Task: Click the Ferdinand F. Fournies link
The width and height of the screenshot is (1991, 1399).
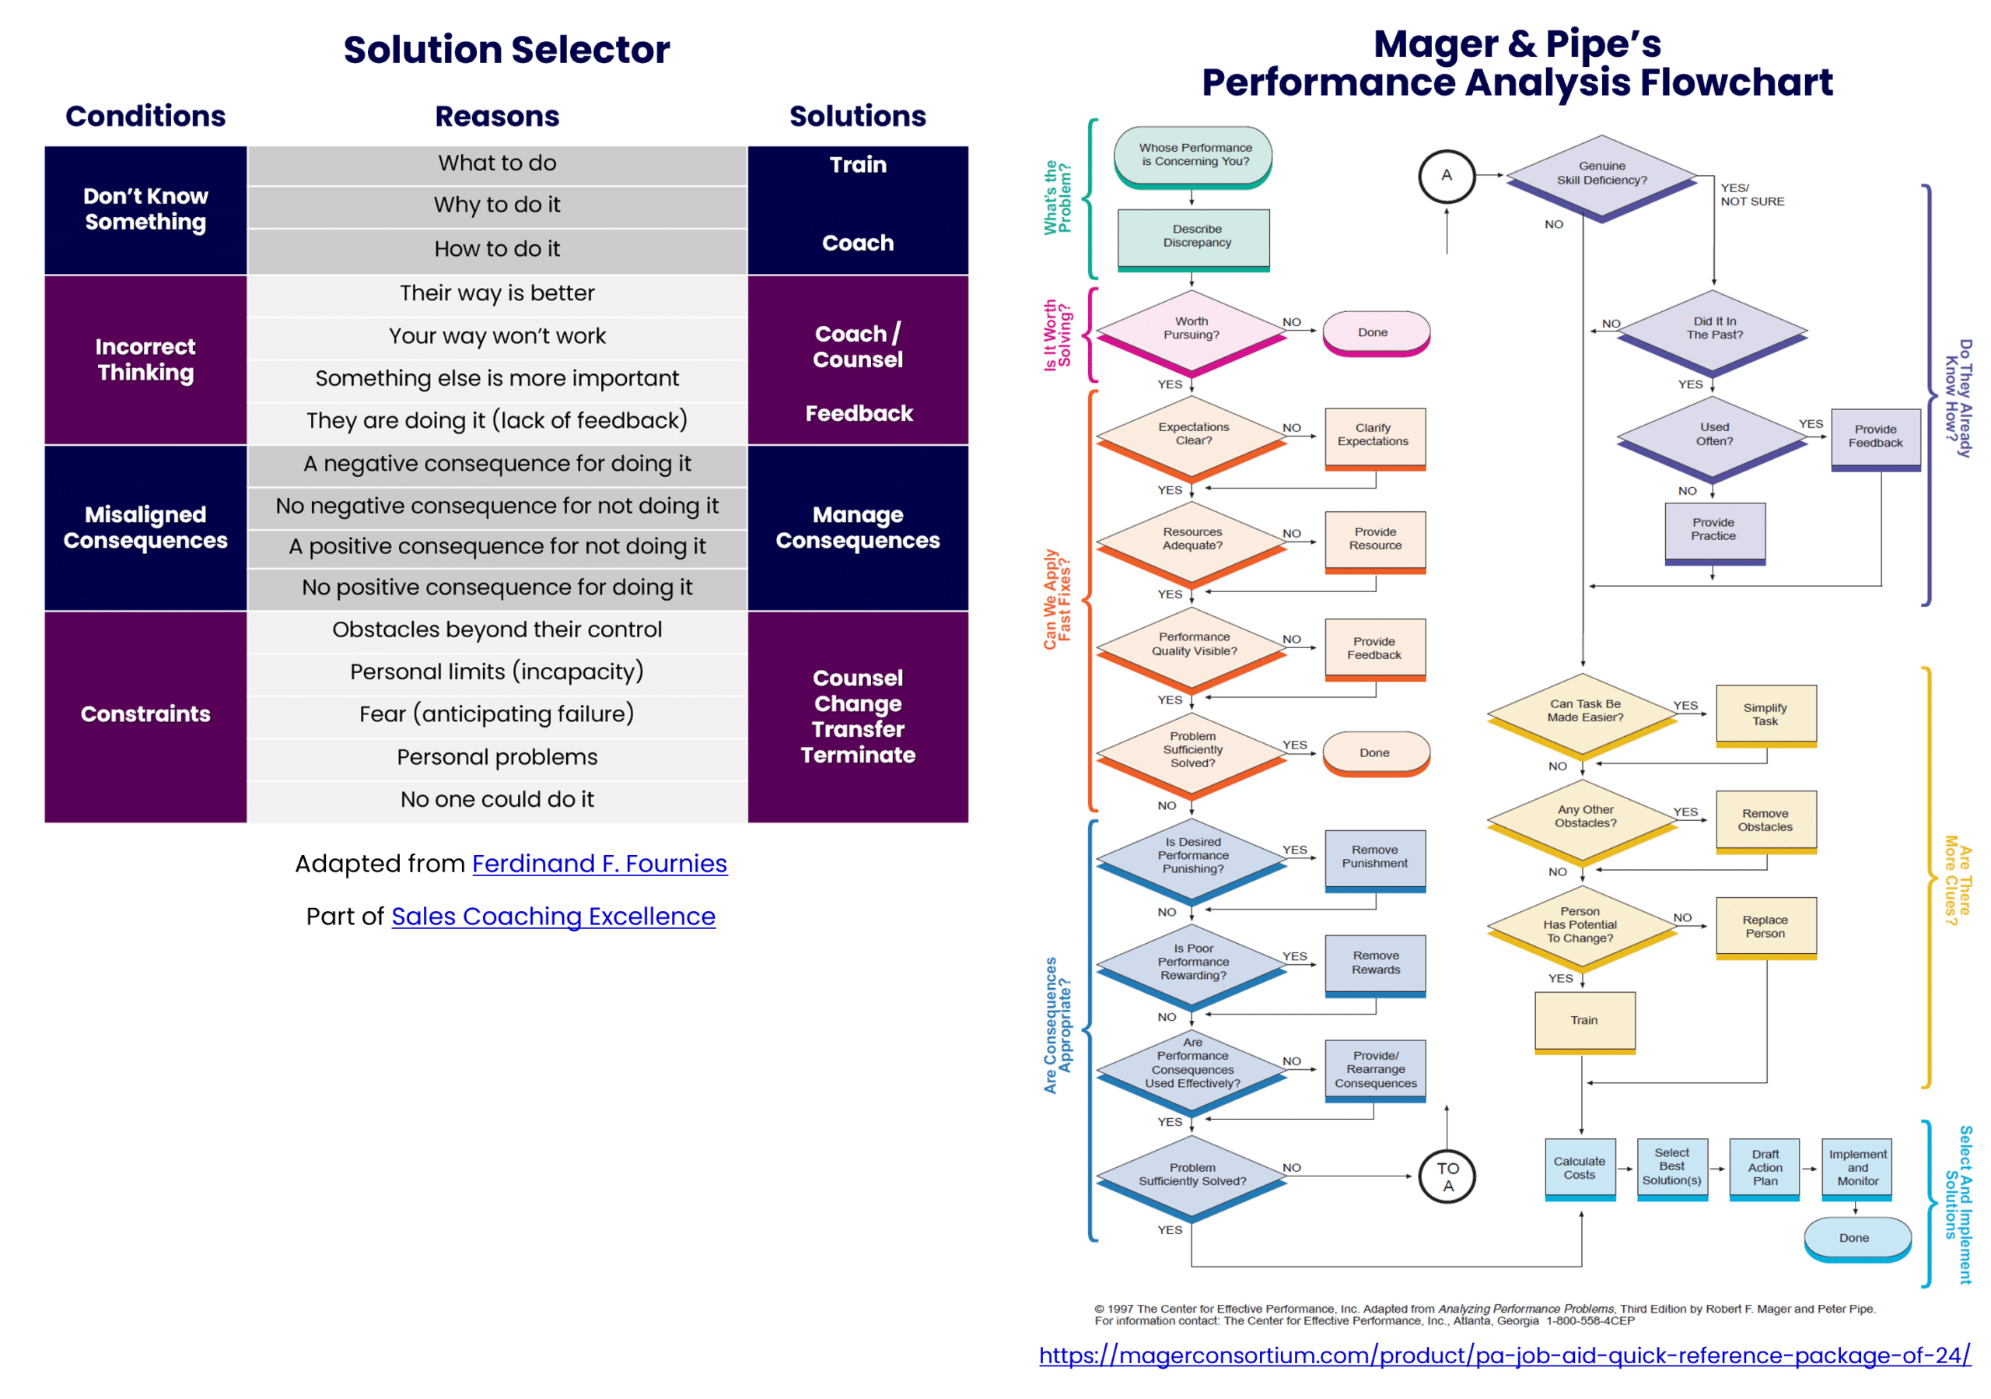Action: [599, 864]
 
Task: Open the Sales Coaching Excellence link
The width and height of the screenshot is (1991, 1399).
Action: [553, 917]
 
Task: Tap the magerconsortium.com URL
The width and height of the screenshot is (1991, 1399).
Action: [1504, 1355]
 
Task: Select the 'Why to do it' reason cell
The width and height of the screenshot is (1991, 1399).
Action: [497, 205]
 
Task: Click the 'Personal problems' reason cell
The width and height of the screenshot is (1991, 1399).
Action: [497, 757]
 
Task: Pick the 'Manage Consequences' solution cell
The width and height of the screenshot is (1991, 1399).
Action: [858, 528]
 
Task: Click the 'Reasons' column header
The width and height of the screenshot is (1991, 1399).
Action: [497, 116]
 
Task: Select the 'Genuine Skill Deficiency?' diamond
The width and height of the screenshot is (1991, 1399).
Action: [1601, 174]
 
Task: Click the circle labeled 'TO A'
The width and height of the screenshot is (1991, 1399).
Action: [1447, 1177]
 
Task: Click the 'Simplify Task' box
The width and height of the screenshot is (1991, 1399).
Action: [1765, 715]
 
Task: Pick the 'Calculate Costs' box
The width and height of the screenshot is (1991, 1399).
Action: [1579, 1168]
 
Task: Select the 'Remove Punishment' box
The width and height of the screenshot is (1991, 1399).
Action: [1375, 857]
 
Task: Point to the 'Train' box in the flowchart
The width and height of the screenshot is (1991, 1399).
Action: [1584, 1021]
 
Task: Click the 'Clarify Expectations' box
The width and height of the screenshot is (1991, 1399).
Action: [1374, 436]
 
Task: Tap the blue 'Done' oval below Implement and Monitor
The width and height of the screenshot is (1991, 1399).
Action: [1856, 1238]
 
